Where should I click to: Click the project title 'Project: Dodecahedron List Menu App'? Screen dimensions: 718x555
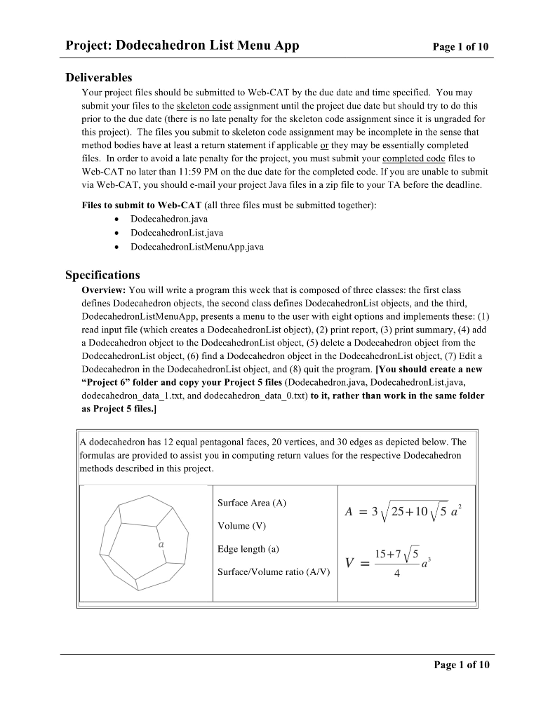(182, 46)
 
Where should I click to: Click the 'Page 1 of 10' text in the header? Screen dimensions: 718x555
(461, 47)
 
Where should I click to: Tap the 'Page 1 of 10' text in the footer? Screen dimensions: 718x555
(461, 665)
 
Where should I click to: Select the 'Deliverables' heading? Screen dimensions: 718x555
(99, 77)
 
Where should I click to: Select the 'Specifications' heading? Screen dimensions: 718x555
(102, 275)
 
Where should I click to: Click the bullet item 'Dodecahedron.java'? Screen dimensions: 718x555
(168, 219)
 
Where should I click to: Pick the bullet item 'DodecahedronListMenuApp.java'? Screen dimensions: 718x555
(196, 246)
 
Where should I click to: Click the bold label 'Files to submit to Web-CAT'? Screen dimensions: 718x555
(141, 205)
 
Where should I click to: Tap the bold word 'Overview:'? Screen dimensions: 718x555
(105, 290)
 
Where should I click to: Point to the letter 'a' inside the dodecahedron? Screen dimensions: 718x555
(161, 543)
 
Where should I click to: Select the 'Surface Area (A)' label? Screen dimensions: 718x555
(252, 503)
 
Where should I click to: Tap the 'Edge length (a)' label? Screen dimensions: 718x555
(248, 549)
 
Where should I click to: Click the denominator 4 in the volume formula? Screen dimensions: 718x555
(397, 574)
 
